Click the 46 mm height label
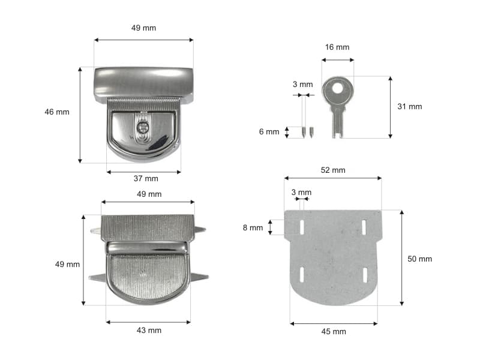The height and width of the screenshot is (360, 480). [57, 112]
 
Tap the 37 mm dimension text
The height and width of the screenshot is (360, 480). [146, 178]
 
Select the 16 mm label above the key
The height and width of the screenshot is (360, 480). [337, 47]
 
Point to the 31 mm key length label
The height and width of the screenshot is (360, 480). [410, 107]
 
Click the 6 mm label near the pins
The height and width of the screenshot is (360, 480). [269, 131]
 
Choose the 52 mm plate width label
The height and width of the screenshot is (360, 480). [333, 170]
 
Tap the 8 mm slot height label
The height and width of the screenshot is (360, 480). [253, 228]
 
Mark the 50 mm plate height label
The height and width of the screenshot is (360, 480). [419, 259]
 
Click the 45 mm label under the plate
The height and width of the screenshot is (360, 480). [334, 332]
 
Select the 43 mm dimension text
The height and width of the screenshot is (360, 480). [149, 331]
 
